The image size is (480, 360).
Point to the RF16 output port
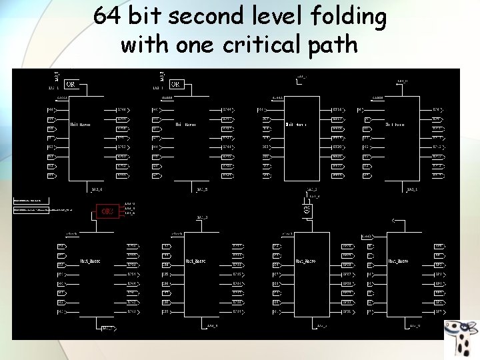pos(337,109)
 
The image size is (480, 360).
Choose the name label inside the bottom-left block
pos(90,261)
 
